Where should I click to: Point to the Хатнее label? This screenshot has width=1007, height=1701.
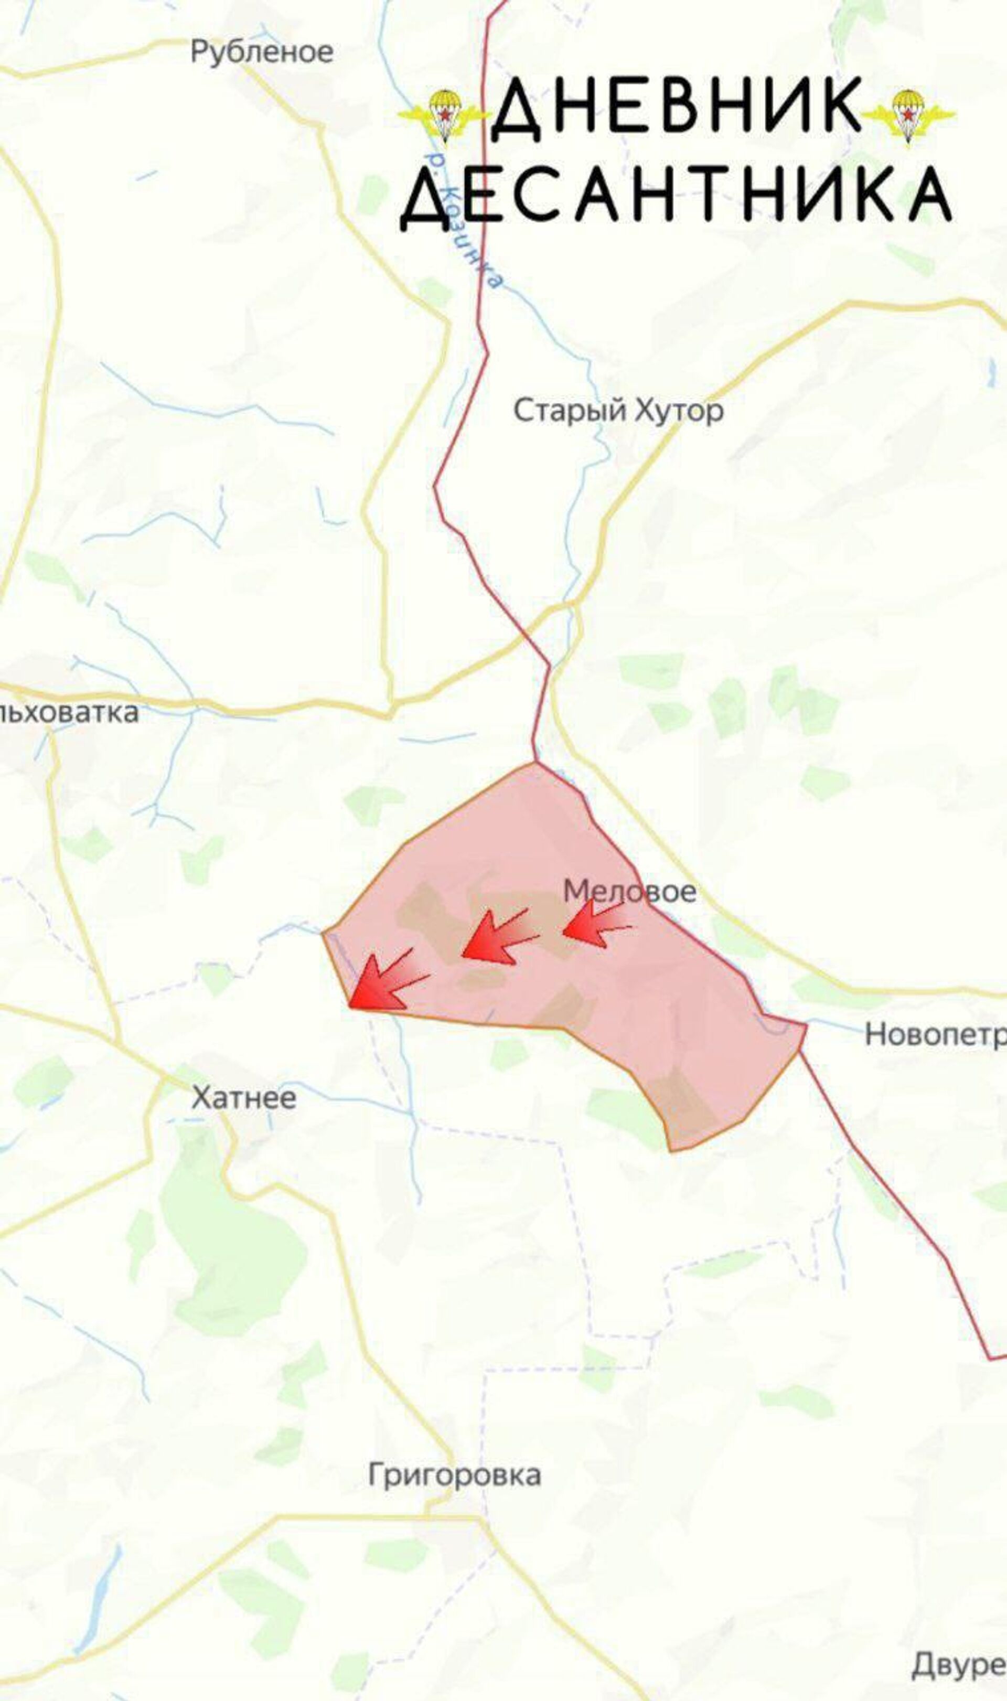coord(243,1098)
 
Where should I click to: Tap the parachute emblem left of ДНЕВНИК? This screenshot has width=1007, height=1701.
coord(444,114)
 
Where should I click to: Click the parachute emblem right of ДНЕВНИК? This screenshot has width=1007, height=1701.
coord(909,114)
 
